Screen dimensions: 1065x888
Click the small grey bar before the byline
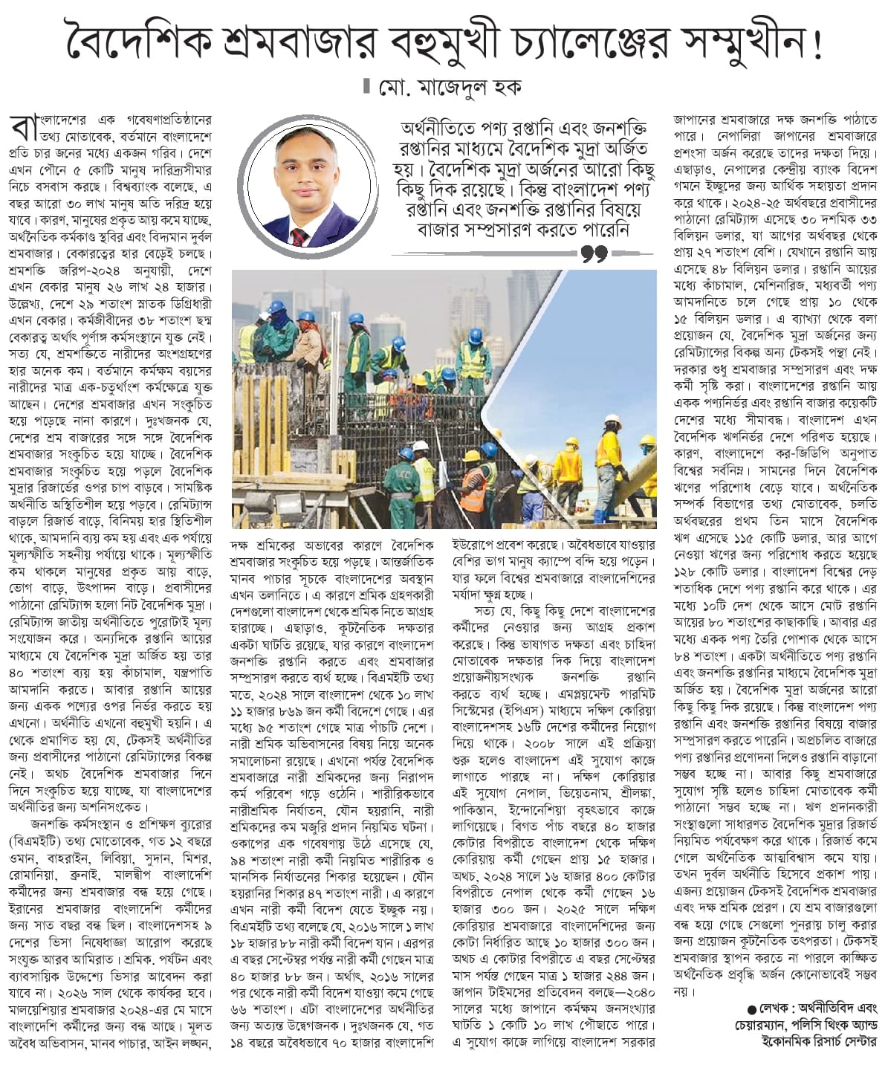[365, 86]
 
